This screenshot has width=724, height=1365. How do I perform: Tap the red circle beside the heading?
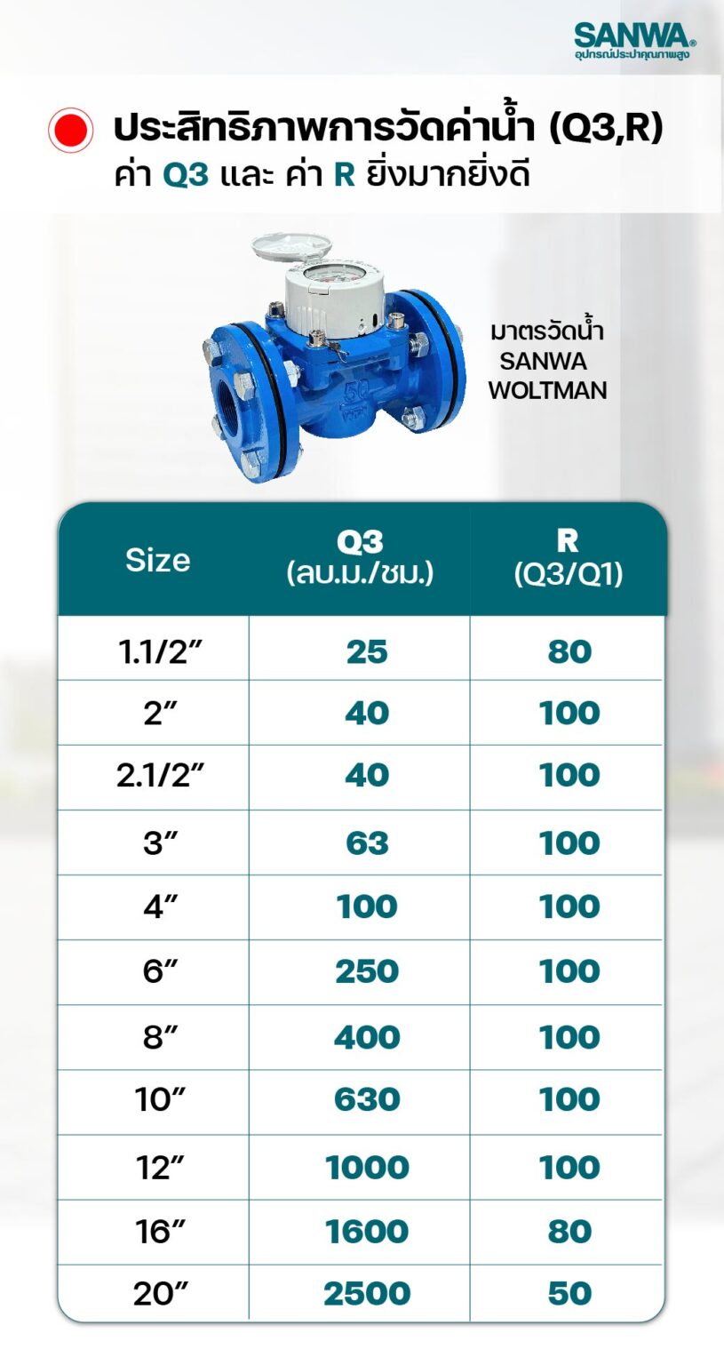point(70,130)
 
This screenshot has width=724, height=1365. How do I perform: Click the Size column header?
point(157,560)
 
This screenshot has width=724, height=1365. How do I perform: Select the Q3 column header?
point(360,557)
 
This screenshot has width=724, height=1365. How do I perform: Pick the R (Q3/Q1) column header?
point(568,557)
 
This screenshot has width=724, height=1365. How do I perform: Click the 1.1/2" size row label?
point(155,651)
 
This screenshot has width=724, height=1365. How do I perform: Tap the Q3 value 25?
point(367,651)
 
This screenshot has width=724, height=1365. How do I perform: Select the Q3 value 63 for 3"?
point(367,842)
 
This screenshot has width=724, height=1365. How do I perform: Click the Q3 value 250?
point(367,971)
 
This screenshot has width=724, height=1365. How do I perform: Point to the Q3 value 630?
point(367,1100)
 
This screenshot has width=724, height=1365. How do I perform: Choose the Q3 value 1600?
point(367,1232)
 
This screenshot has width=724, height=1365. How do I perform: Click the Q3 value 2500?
point(367,1294)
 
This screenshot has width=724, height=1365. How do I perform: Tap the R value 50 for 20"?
point(569,1294)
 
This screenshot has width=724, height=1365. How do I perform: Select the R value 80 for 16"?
point(569,1232)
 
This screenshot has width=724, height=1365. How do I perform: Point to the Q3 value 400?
point(367,1037)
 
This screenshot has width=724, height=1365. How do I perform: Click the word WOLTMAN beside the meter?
point(547,390)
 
